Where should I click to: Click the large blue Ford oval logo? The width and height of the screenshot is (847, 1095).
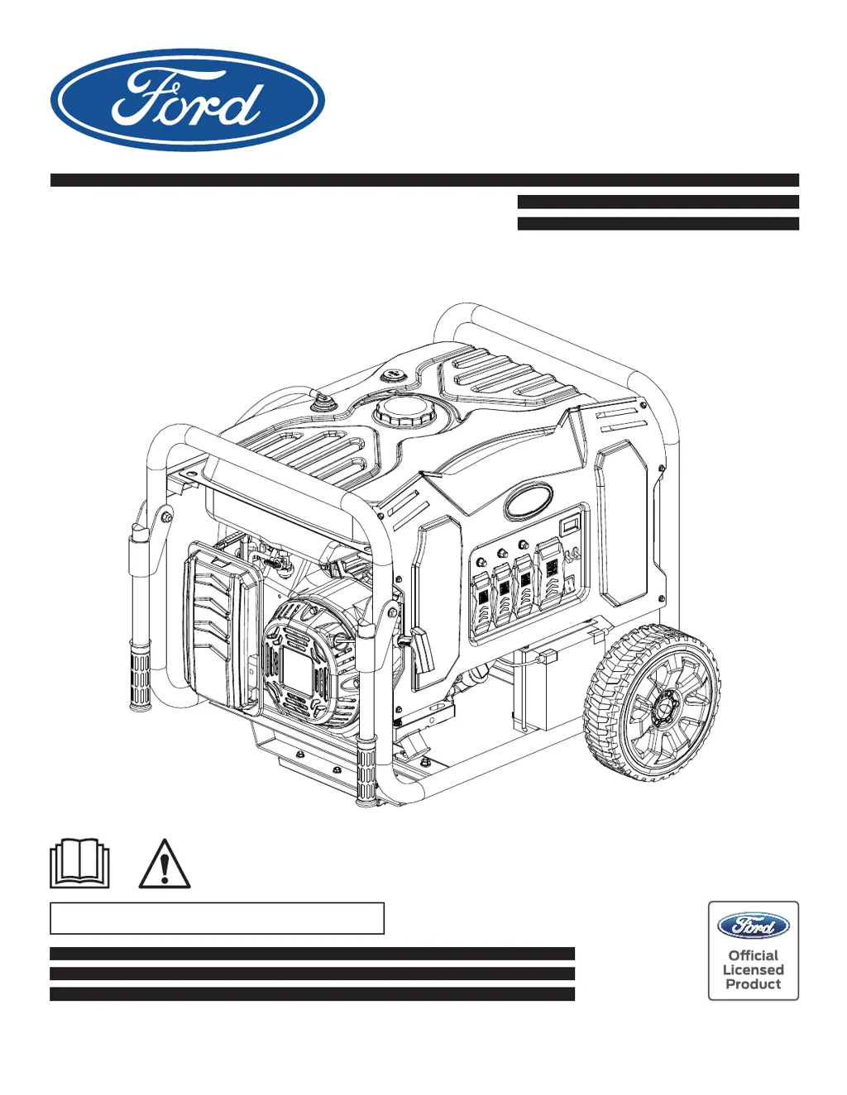point(187,100)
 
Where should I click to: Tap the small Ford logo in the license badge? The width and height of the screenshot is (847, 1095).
point(753,926)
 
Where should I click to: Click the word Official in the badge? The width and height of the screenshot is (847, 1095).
point(753,955)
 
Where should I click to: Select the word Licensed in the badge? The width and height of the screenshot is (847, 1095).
point(753,970)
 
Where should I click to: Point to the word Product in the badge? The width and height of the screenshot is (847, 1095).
point(753,984)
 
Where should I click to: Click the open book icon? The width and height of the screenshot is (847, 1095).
point(79,863)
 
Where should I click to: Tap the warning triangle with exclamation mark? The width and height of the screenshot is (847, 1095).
point(165,864)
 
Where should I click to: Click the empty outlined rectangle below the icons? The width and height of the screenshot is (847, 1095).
point(217,918)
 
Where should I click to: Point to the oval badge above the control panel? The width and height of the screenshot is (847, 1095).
point(529,500)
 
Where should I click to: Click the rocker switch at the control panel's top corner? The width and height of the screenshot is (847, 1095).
point(570,524)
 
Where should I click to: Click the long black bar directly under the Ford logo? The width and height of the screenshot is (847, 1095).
point(424,180)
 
